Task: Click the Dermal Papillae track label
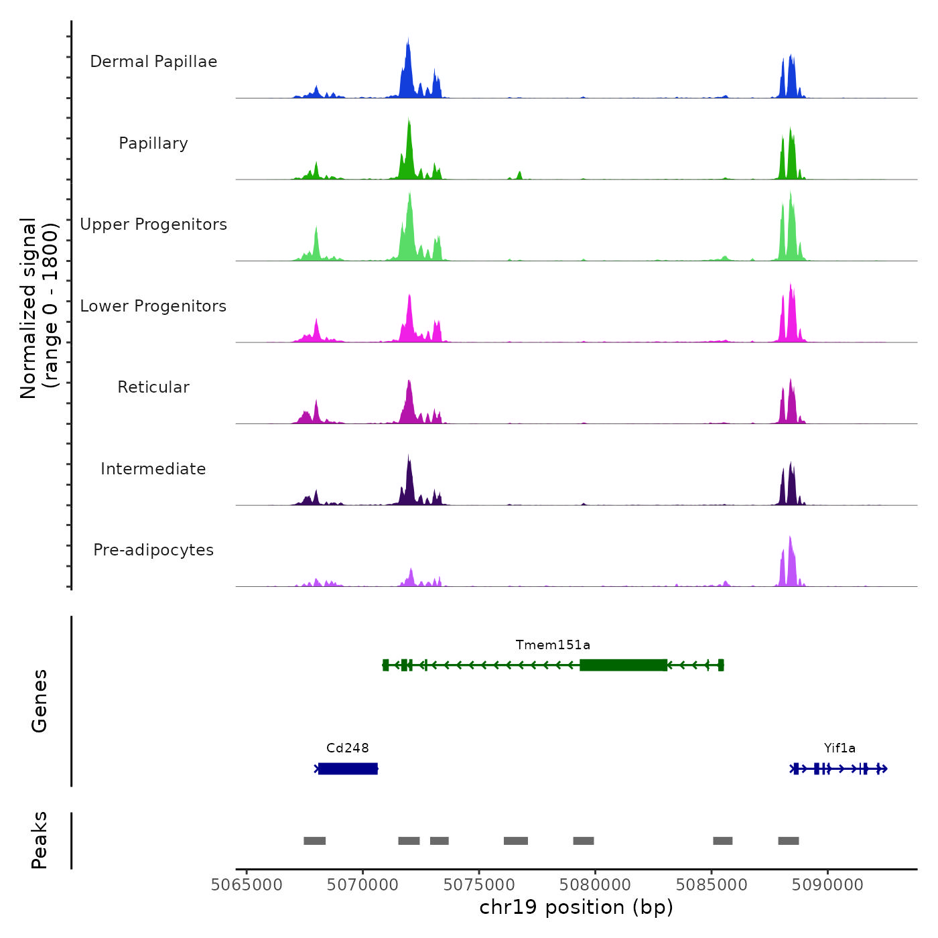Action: point(153,62)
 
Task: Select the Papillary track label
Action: point(153,143)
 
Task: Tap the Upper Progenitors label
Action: point(153,224)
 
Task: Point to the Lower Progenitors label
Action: point(153,306)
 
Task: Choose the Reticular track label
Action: point(153,387)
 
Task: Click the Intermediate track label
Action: point(153,469)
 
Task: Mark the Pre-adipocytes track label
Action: point(153,550)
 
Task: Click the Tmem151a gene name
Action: point(553,645)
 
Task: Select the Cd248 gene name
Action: point(347,748)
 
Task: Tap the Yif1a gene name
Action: point(840,748)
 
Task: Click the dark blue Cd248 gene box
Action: point(348,768)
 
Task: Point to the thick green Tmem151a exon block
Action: point(623,665)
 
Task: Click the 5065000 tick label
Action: point(247,885)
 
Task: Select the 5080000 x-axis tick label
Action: point(595,885)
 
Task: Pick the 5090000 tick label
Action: point(827,885)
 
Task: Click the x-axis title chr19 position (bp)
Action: point(576,908)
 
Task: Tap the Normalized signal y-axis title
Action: point(39,308)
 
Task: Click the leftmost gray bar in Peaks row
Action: point(314,841)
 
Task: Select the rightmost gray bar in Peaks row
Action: point(788,841)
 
